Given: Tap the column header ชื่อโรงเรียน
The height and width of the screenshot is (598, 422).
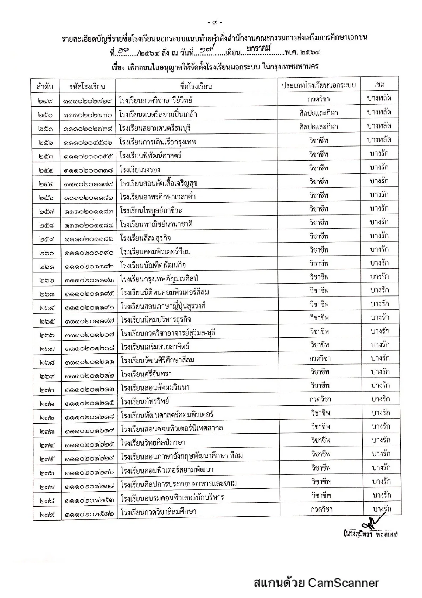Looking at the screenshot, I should [196, 86].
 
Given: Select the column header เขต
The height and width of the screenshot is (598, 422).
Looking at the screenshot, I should [379, 85].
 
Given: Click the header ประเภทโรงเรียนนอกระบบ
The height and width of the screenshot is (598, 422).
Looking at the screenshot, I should [319, 85].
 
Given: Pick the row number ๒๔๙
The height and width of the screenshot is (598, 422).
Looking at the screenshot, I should [46, 101].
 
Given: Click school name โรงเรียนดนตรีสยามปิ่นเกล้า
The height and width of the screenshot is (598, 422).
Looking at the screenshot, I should [158, 114].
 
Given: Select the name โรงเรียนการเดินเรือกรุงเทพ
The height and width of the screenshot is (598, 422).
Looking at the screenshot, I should [158, 142].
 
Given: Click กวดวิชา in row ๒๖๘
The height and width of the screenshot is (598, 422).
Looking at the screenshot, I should [320, 359].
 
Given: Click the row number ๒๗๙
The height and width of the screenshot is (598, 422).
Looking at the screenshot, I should [47, 512].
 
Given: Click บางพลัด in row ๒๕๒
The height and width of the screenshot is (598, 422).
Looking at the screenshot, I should [379, 139].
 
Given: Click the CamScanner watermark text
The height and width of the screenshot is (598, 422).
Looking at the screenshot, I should [316, 582].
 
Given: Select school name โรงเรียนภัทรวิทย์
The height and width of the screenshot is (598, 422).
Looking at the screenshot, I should [145, 401].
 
